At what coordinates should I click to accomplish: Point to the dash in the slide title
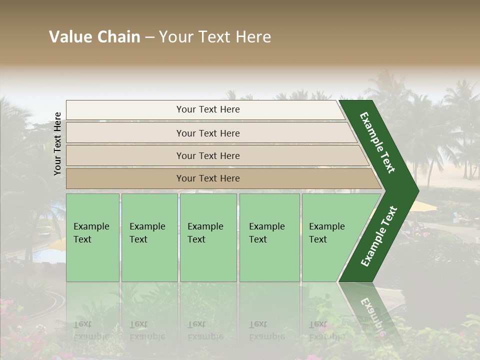149,37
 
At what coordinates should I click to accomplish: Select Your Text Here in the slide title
215,37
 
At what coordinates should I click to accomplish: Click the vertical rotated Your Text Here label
57,144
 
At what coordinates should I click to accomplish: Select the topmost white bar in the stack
207,109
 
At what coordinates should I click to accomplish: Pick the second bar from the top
207,133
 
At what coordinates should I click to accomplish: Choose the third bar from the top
207,155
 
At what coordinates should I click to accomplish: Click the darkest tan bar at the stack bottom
207,178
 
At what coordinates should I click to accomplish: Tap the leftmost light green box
92,237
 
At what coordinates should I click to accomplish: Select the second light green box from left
149,237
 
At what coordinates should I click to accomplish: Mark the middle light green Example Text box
208,237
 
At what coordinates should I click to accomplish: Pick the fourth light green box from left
269,237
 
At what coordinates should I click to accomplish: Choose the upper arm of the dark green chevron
377,142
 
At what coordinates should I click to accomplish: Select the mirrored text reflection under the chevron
372,312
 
